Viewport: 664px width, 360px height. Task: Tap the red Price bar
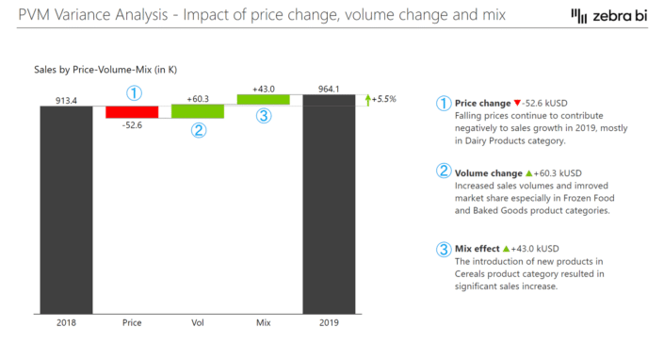(x=132, y=112)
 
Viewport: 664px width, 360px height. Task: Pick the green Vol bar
(x=198, y=111)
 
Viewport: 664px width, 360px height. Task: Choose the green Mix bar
(x=264, y=99)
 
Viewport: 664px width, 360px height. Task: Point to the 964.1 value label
(x=329, y=86)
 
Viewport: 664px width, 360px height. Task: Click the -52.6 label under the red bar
(x=132, y=127)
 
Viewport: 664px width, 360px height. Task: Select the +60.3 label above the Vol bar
(x=198, y=97)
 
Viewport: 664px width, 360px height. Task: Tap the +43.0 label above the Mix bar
(x=264, y=87)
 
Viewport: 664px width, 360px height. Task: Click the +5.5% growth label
(x=384, y=99)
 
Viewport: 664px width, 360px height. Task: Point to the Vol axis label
(x=198, y=322)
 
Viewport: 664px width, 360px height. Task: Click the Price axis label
(x=132, y=322)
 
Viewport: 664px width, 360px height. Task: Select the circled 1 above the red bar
(x=135, y=92)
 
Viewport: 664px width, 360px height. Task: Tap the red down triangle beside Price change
(x=517, y=102)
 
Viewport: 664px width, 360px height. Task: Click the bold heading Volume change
(x=487, y=173)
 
